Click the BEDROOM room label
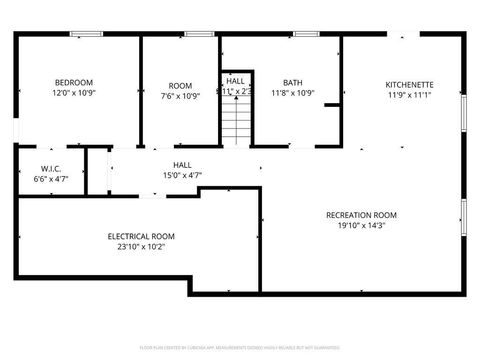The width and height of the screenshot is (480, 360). (74, 82)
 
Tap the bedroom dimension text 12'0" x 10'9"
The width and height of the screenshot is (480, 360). (74, 93)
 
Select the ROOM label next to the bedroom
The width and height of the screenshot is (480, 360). (180, 86)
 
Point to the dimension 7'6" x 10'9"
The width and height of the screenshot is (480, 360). (180, 97)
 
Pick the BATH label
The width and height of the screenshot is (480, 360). (292, 83)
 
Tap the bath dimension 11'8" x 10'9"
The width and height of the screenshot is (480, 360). (292, 94)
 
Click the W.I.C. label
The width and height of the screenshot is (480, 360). (52, 168)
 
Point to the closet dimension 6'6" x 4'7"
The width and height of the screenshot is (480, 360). (52, 178)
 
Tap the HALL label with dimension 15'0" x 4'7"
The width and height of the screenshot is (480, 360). (182, 165)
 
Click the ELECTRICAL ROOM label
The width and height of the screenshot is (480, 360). (141, 236)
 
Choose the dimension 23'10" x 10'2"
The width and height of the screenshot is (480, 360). (141, 247)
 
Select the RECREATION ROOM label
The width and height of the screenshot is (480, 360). (361, 215)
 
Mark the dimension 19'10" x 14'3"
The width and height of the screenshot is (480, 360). (361, 226)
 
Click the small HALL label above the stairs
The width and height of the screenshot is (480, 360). (235, 80)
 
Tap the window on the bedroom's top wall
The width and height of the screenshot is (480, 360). (86, 35)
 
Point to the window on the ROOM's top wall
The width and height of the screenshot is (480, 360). (198, 35)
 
